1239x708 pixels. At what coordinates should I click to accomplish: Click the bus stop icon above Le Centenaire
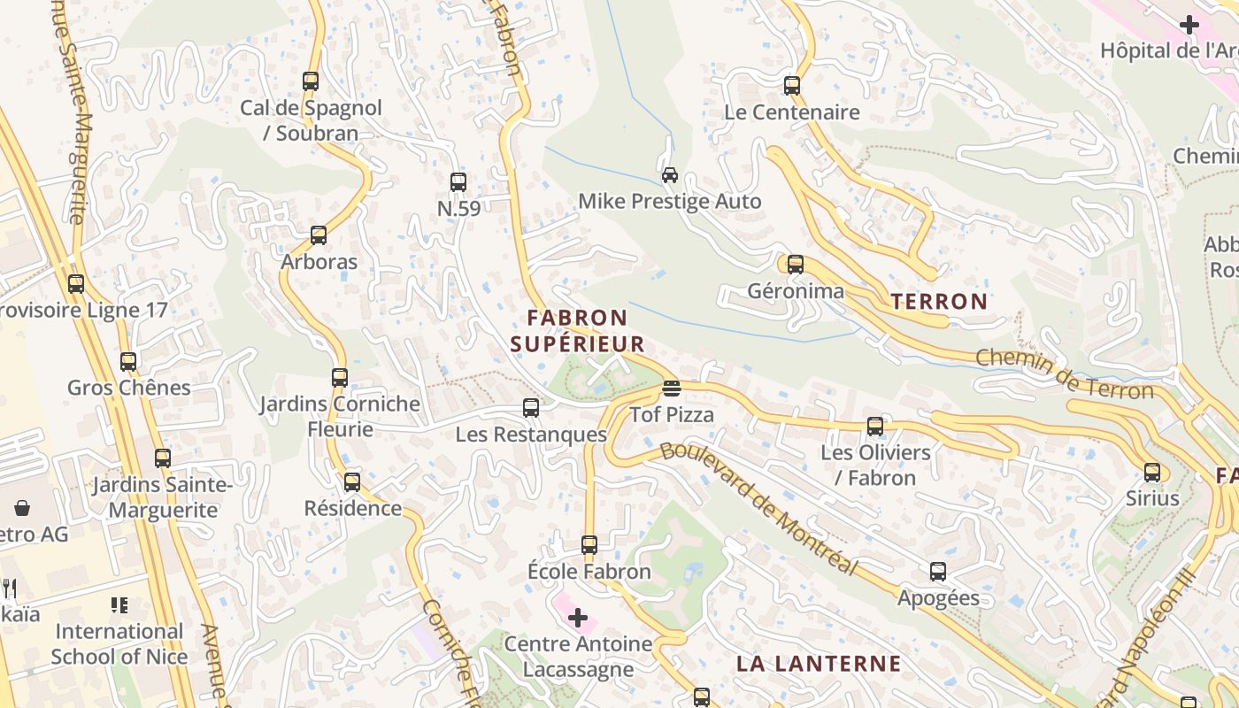pyautogui.click(x=792, y=86)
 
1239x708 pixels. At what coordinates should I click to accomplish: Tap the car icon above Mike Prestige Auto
pyautogui.click(x=670, y=174)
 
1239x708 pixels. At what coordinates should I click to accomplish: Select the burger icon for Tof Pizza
pyautogui.click(x=672, y=389)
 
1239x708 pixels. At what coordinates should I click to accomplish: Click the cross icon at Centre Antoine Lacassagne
pyautogui.click(x=578, y=617)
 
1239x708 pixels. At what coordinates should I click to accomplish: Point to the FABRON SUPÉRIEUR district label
pyautogui.click(x=578, y=330)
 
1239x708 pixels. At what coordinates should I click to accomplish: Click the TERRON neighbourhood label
pyautogui.click(x=939, y=302)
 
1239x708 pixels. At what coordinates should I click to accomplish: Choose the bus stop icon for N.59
pyautogui.click(x=458, y=182)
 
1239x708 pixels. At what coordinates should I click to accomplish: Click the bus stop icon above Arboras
pyautogui.click(x=319, y=235)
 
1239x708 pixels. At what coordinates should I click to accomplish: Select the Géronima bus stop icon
pyautogui.click(x=796, y=265)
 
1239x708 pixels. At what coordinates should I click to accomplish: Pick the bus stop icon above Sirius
pyautogui.click(x=1152, y=473)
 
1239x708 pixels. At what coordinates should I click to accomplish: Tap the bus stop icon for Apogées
pyautogui.click(x=938, y=572)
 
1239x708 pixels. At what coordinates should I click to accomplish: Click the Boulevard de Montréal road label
pyautogui.click(x=758, y=508)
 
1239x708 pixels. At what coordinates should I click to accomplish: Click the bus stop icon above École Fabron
pyautogui.click(x=589, y=545)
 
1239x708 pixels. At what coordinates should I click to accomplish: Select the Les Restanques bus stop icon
pyautogui.click(x=531, y=408)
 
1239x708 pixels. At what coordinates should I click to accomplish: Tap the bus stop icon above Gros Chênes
pyautogui.click(x=129, y=362)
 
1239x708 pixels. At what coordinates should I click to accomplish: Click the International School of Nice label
pyautogui.click(x=119, y=643)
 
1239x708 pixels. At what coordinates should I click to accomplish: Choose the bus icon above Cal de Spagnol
pyautogui.click(x=311, y=81)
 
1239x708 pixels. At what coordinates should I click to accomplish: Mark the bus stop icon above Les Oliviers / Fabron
pyautogui.click(x=875, y=427)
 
